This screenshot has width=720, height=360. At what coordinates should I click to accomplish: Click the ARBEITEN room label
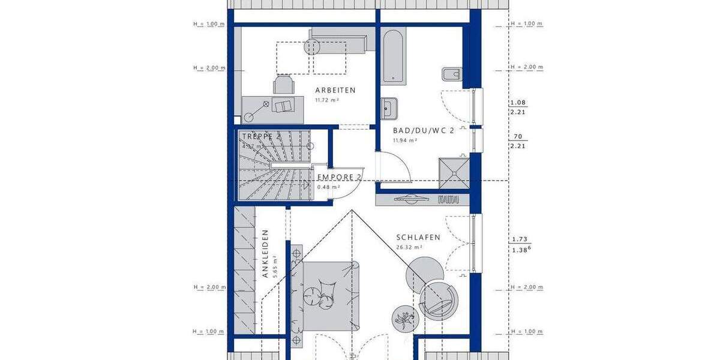[x=335, y=91]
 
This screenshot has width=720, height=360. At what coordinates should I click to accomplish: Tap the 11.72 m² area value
[x=328, y=100]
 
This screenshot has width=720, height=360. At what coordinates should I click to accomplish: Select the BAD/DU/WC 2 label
[x=423, y=130]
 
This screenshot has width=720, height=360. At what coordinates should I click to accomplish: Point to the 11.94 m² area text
[x=405, y=140]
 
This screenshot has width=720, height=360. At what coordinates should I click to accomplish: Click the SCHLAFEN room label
[x=418, y=238]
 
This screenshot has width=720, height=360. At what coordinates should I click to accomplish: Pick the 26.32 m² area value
[x=410, y=247]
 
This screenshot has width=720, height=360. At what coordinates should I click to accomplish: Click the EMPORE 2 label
[x=339, y=177]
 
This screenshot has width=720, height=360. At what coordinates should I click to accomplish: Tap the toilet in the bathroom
[x=452, y=74]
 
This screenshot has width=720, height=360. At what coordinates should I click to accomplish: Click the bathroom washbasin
[x=388, y=109]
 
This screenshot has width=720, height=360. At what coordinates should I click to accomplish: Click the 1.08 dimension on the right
[x=517, y=102]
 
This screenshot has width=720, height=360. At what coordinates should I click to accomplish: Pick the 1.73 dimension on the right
[x=517, y=239]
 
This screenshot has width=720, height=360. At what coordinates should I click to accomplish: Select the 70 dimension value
[x=517, y=136]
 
